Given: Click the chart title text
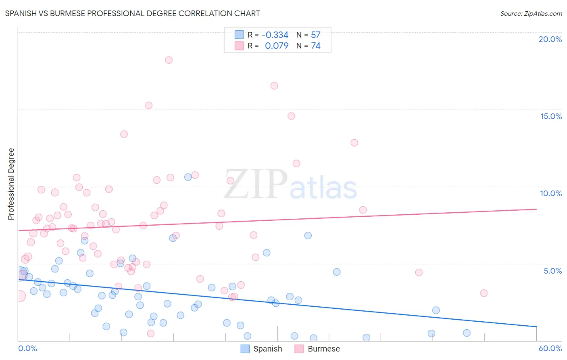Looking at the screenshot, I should click(x=132, y=13).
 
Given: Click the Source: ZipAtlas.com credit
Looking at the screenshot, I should click(x=531, y=13).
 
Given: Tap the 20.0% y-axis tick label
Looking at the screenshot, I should click(x=550, y=39).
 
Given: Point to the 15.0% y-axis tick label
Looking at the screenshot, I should click(x=551, y=116).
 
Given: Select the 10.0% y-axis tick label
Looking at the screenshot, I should click(x=551, y=193).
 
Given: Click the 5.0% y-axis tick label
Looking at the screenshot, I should click(x=552, y=271).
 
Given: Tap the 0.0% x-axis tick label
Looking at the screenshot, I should click(x=27, y=348).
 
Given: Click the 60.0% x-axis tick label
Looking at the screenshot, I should click(x=550, y=348).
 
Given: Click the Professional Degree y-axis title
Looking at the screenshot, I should click(x=11, y=184).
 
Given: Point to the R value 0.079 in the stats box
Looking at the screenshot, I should click(x=277, y=46).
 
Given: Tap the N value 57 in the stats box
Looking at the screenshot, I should click(x=315, y=35).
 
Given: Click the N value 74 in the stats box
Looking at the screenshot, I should click(x=315, y=46).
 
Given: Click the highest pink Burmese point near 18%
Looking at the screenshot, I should click(x=169, y=60).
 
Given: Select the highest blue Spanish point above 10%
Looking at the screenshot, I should click(x=188, y=177).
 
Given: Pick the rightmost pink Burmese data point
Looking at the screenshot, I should click(x=484, y=293).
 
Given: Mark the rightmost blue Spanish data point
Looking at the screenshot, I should click(x=467, y=333).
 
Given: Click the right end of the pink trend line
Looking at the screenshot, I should click(x=536, y=209).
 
